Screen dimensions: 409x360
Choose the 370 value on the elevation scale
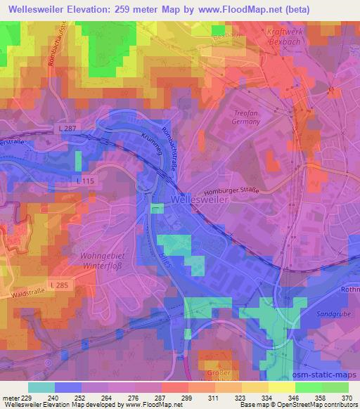tap(347, 397)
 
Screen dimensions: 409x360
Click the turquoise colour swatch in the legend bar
tap(41, 387)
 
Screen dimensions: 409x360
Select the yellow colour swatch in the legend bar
tap(281, 387)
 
